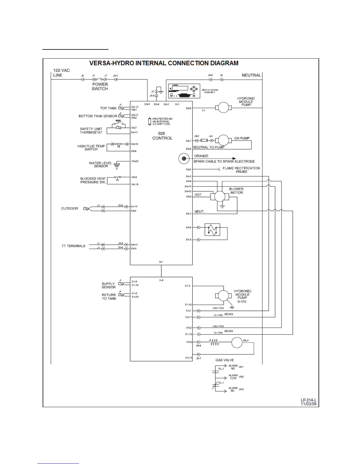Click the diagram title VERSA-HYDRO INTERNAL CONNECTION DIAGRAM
tap(164, 63)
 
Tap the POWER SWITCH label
tap(100, 86)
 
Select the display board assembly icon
tap(184, 91)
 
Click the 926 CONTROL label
tap(162, 136)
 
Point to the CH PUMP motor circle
tap(224, 141)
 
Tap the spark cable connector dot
tap(184, 159)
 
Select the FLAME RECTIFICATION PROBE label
tap(241, 170)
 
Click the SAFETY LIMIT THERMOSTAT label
tap(91, 131)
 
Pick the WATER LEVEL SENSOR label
tap(101, 164)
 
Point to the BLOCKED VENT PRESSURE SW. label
tap(93, 180)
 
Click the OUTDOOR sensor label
tap(69, 208)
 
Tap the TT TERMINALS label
tap(73, 246)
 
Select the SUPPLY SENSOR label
tap(109, 285)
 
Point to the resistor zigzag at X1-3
tap(214, 342)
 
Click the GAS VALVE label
tap(224, 360)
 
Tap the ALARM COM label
tap(233, 377)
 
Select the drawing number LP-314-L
tap(308, 400)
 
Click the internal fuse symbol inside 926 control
tap(149, 121)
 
